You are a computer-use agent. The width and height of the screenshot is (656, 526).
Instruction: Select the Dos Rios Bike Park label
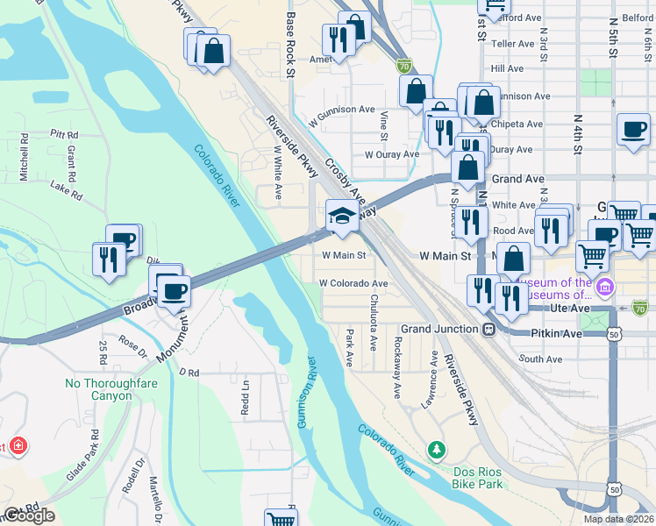point(479,478)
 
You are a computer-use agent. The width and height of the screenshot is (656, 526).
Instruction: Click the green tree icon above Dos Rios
point(436,451)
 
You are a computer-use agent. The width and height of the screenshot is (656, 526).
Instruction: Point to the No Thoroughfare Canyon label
point(99,389)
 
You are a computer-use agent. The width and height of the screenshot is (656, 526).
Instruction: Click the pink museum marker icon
point(604,287)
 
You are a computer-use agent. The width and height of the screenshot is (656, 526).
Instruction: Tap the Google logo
point(28,515)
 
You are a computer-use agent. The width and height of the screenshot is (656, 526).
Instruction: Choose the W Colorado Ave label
point(353,284)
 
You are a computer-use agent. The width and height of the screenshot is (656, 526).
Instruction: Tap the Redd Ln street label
point(246,398)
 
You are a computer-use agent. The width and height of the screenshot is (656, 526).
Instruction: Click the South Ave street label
point(540,359)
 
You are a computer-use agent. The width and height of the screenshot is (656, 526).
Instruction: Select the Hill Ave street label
point(508,68)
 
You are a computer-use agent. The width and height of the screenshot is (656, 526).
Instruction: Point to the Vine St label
point(384,124)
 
